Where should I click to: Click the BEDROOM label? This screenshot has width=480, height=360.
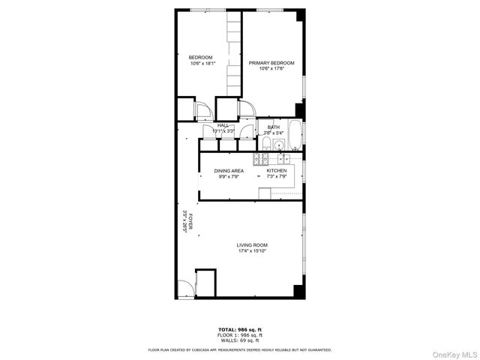click(x=200, y=58)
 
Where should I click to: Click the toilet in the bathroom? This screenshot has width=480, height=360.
click(x=268, y=144)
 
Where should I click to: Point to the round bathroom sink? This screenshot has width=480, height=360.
click(x=278, y=145)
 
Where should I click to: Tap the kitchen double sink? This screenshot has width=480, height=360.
click(x=284, y=159)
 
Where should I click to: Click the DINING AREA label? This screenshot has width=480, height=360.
click(x=228, y=171)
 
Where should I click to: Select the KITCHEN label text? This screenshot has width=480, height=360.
click(x=277, y=171)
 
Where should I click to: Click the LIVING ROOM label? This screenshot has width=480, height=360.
click(x=252, y=245)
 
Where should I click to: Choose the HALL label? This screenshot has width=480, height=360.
click(x=223, y=125)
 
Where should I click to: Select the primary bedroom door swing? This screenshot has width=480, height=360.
click(x=247, y=109)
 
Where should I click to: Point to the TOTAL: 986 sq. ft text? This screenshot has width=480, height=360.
click(x=241, y=329)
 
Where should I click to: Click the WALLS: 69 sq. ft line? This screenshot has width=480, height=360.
click(x=241, y=340)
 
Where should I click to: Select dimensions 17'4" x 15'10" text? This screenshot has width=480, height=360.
click(x=252, y=251)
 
